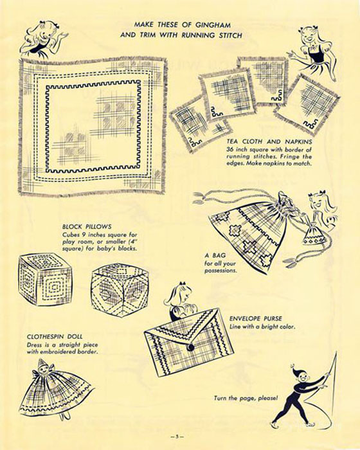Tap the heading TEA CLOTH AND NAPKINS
point(269,141)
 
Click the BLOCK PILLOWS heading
point(87,227)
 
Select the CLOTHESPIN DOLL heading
point(55,336)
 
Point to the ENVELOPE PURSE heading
point(255,319)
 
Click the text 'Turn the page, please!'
point(246,398)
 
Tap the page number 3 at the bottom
point(177,437)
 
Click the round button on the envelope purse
point(190,348)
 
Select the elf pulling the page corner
point(298,397)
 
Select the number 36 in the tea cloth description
point(230,150)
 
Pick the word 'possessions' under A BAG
point(221,271)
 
